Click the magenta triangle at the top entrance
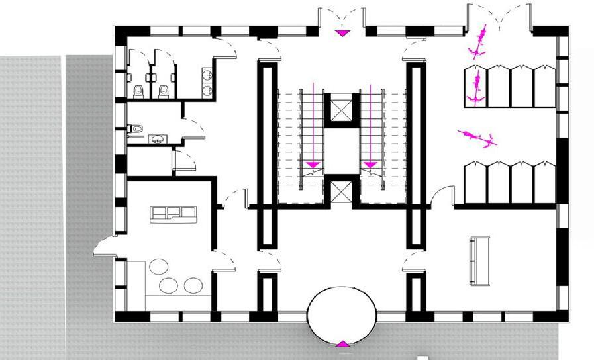coord(342,33)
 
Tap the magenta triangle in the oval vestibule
coord(342,343)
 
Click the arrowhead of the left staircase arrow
coord(313,163)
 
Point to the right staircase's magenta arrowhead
coord(370,163)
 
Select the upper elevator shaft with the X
coord(342,109)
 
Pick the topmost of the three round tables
coord(159,267)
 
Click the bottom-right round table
coord(193,286)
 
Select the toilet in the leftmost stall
coord(138,91)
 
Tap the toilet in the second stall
coord(164,91)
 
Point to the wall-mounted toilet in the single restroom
coord(135,128)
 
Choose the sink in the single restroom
coord(157,138)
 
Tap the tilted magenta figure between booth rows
coord(477,138)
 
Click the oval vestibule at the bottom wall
coord(342,315)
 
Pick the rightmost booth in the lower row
coord(544,183)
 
